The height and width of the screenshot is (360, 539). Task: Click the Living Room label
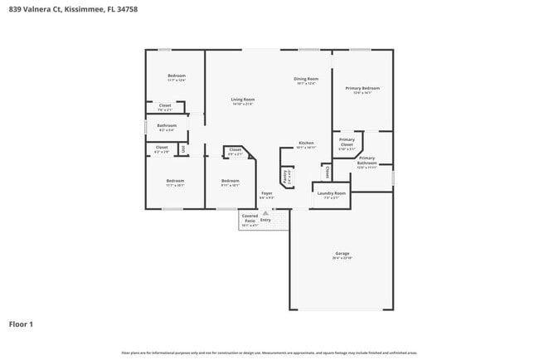pos(242,100)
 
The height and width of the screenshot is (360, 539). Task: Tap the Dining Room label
pos(306,80)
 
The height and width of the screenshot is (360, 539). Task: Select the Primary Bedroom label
pos(362,88)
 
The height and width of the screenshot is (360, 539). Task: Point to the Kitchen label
pos(306,143)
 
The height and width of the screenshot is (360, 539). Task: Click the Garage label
pos(342,254)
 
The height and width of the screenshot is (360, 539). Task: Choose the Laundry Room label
pos(332,193)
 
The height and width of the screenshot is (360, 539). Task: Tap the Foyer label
pos(265,194)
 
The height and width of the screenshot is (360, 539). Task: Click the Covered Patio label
pos(250,216)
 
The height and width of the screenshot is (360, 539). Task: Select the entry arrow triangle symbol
pos(265,212)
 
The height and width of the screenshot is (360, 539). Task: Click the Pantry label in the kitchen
pos(286,176)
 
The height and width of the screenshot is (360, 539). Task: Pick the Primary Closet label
pos(347,142)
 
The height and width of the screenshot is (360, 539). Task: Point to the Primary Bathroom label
pos(367,160)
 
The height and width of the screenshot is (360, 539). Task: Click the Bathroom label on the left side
pos(167,126)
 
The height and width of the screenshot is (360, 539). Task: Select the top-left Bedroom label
pos(176,75)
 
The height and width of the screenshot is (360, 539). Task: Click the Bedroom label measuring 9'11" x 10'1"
pos(230,181)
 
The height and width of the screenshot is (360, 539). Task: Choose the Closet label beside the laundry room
pos(328,171)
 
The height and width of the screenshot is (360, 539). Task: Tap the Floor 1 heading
pos(21,324)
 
